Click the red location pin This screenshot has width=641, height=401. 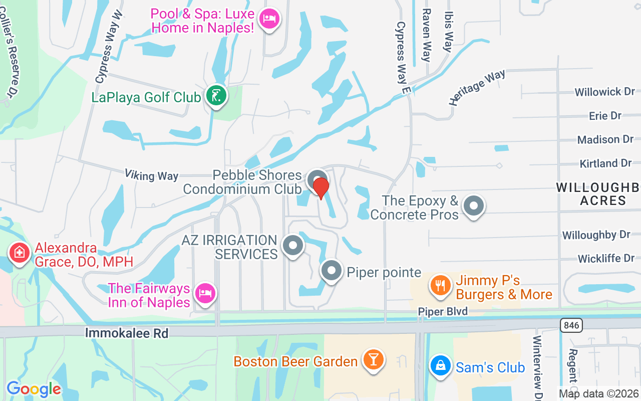click(x=321, y=187)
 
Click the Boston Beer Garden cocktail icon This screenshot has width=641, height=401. click(x=373, y=359)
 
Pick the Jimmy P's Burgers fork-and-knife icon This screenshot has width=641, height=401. click(x=440, y=286)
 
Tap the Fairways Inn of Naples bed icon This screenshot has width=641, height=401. click(x=205, y=292)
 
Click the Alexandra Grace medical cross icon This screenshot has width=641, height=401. click(x=19, y=252)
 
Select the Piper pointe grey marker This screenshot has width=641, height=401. click(x=331, y=271)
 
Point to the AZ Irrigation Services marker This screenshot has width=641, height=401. click(x=293, y=246)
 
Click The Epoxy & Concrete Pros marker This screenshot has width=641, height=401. click(x=474, y=206)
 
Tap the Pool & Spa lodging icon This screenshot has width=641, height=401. click(x=270, y=19)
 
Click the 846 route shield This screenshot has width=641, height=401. click(x=571, y=325)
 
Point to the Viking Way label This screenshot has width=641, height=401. click(x=151, y=175)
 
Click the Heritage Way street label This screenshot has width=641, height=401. click(x=477, y=87)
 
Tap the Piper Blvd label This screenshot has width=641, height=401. click(x=443, y=312)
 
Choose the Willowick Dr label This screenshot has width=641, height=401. click(x=604, y=92)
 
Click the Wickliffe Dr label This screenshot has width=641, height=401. click(x=606, y=259)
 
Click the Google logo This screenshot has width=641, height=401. click(x=34, y=388)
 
